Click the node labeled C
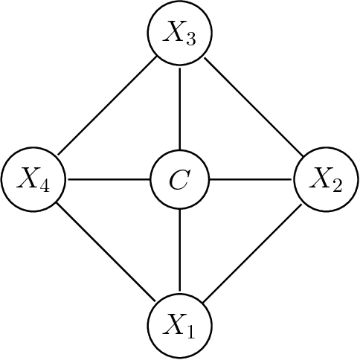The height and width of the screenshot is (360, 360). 180,179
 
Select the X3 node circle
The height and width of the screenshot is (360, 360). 180,33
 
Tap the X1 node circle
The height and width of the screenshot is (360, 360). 180,325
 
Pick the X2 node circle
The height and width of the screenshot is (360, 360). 326,179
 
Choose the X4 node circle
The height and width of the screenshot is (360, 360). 34,179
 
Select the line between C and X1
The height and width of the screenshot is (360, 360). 180,252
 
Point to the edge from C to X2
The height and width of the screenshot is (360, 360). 253,179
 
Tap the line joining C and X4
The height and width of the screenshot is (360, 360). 107,179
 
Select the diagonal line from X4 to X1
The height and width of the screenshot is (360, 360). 107,252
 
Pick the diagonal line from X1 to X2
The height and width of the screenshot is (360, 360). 253,252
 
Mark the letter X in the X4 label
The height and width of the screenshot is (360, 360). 29,179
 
